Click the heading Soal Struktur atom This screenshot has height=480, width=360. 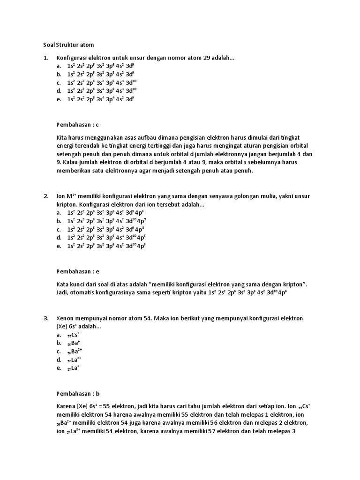pos(69,45)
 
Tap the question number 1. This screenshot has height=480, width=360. pos(45,58)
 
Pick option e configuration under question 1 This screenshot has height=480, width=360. pos(100,99)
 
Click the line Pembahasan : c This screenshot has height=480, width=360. pos(78,125)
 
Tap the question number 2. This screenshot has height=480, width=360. pos(45,196)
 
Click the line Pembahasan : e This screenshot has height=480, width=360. pos(78,271)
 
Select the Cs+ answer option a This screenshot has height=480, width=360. pos(73,335)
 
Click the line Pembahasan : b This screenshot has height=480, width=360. pos(78,394)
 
